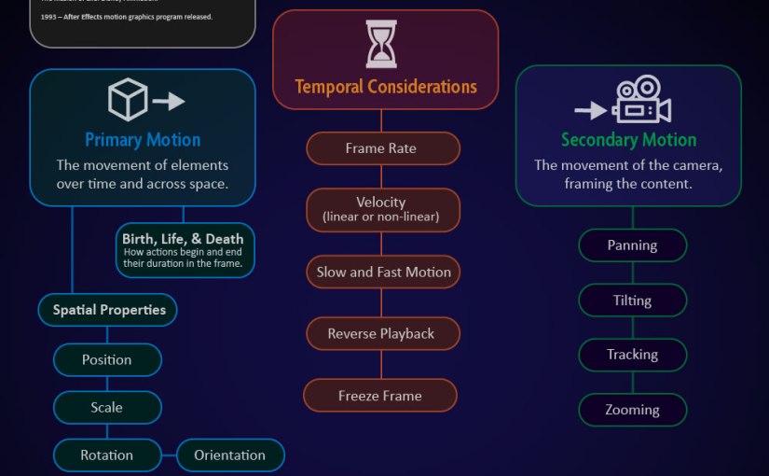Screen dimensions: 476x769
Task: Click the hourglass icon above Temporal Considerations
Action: tap(380, 44)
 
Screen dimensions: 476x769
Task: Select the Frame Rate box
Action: tap(380, 148)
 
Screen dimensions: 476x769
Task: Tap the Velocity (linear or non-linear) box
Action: tap(380, 210)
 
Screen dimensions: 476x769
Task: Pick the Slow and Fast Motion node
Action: tap(383, 272)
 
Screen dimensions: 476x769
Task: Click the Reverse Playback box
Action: tap(381, 334)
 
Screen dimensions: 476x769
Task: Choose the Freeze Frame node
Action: tap(380, 396)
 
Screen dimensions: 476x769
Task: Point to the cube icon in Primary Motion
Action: tap(127, 100)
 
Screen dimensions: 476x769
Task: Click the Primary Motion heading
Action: tap(143, 140)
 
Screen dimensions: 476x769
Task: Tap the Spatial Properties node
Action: tap(109, 310)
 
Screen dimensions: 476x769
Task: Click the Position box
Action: tap(107, 360)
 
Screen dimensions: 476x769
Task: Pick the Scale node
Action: tap(107, 408)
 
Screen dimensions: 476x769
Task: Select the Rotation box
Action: tap(107, 455)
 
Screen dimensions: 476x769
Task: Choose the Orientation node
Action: tap(230, 455)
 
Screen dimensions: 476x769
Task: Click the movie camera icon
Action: tap(643, 100)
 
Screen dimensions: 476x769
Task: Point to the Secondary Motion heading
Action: tap(628, 140)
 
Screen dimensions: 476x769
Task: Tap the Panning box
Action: tap(633, 245)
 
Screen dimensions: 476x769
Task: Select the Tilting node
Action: tap(633, 301)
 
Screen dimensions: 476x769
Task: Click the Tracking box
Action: tap(633, 355)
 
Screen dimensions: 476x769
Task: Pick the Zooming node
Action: tap(633, 410)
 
